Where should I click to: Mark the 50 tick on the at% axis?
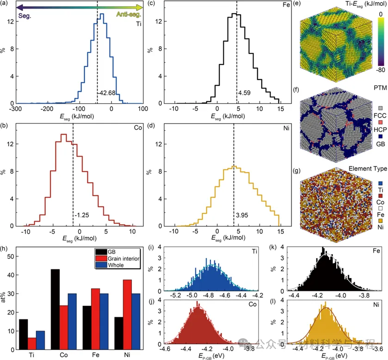[x=10, y=256]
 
